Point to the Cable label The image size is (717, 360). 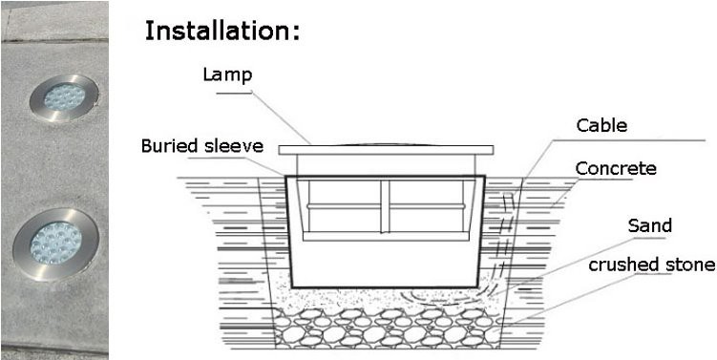pos(601,125)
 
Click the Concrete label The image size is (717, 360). pos(616,169)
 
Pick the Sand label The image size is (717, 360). pos(650,226)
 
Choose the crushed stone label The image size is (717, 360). pos(651,265)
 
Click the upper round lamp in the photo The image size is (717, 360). pos(63,97)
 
